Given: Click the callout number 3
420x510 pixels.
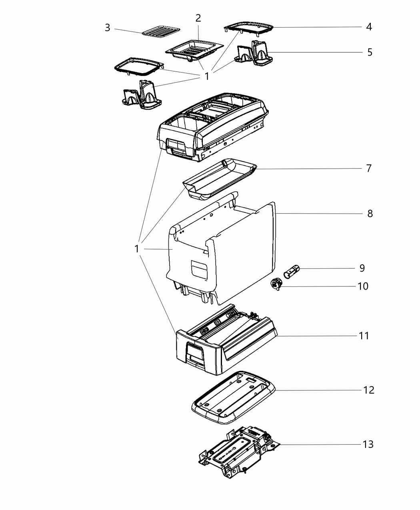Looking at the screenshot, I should coord(107,28).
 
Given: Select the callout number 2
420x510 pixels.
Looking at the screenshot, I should coord(198,18).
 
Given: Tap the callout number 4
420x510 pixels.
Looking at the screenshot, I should coord(369,27).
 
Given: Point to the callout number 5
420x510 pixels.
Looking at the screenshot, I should coord(370,52).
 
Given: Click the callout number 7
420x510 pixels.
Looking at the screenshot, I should coord(368,168).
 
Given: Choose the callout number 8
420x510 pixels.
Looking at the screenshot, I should coord(370,214).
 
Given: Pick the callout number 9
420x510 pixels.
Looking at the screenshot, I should coord(362,268).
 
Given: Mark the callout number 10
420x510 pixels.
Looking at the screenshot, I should coord(363,286).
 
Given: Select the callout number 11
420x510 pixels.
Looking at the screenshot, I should coord(364,336).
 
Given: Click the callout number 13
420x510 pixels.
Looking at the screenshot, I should coord(368,444).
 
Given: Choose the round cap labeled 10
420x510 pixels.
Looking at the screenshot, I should coord(276,285).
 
